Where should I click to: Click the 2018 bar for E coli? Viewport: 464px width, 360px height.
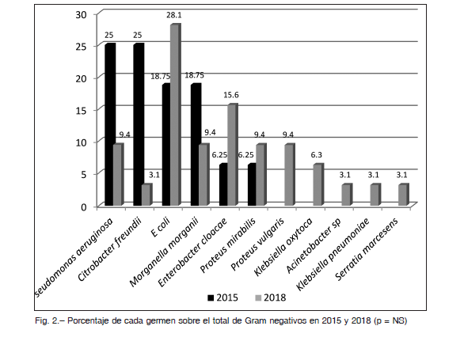175,115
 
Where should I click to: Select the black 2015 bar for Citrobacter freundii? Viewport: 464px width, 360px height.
139,124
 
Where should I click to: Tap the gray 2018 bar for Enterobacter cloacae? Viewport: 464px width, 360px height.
233,155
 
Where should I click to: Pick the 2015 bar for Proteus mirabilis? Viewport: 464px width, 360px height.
252,184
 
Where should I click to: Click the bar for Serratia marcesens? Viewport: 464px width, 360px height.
404,195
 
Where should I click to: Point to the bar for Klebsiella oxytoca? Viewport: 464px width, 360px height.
318,184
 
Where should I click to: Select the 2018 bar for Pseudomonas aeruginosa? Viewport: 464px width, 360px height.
118,175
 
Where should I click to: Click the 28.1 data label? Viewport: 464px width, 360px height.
174,15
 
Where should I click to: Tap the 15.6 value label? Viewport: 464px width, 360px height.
231,95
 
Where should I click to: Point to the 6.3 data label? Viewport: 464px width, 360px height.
317,155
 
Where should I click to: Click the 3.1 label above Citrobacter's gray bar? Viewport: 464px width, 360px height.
154,175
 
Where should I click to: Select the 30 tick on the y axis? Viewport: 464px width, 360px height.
81,14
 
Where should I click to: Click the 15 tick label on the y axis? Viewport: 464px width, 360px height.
82,111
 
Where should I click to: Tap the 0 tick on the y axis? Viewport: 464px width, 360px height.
84,207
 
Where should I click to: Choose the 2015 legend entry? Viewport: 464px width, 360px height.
222,297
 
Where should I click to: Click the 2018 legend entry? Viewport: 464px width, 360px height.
271,297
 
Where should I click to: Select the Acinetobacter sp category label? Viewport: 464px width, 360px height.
314,245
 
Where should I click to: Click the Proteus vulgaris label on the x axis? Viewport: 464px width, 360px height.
257,244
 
